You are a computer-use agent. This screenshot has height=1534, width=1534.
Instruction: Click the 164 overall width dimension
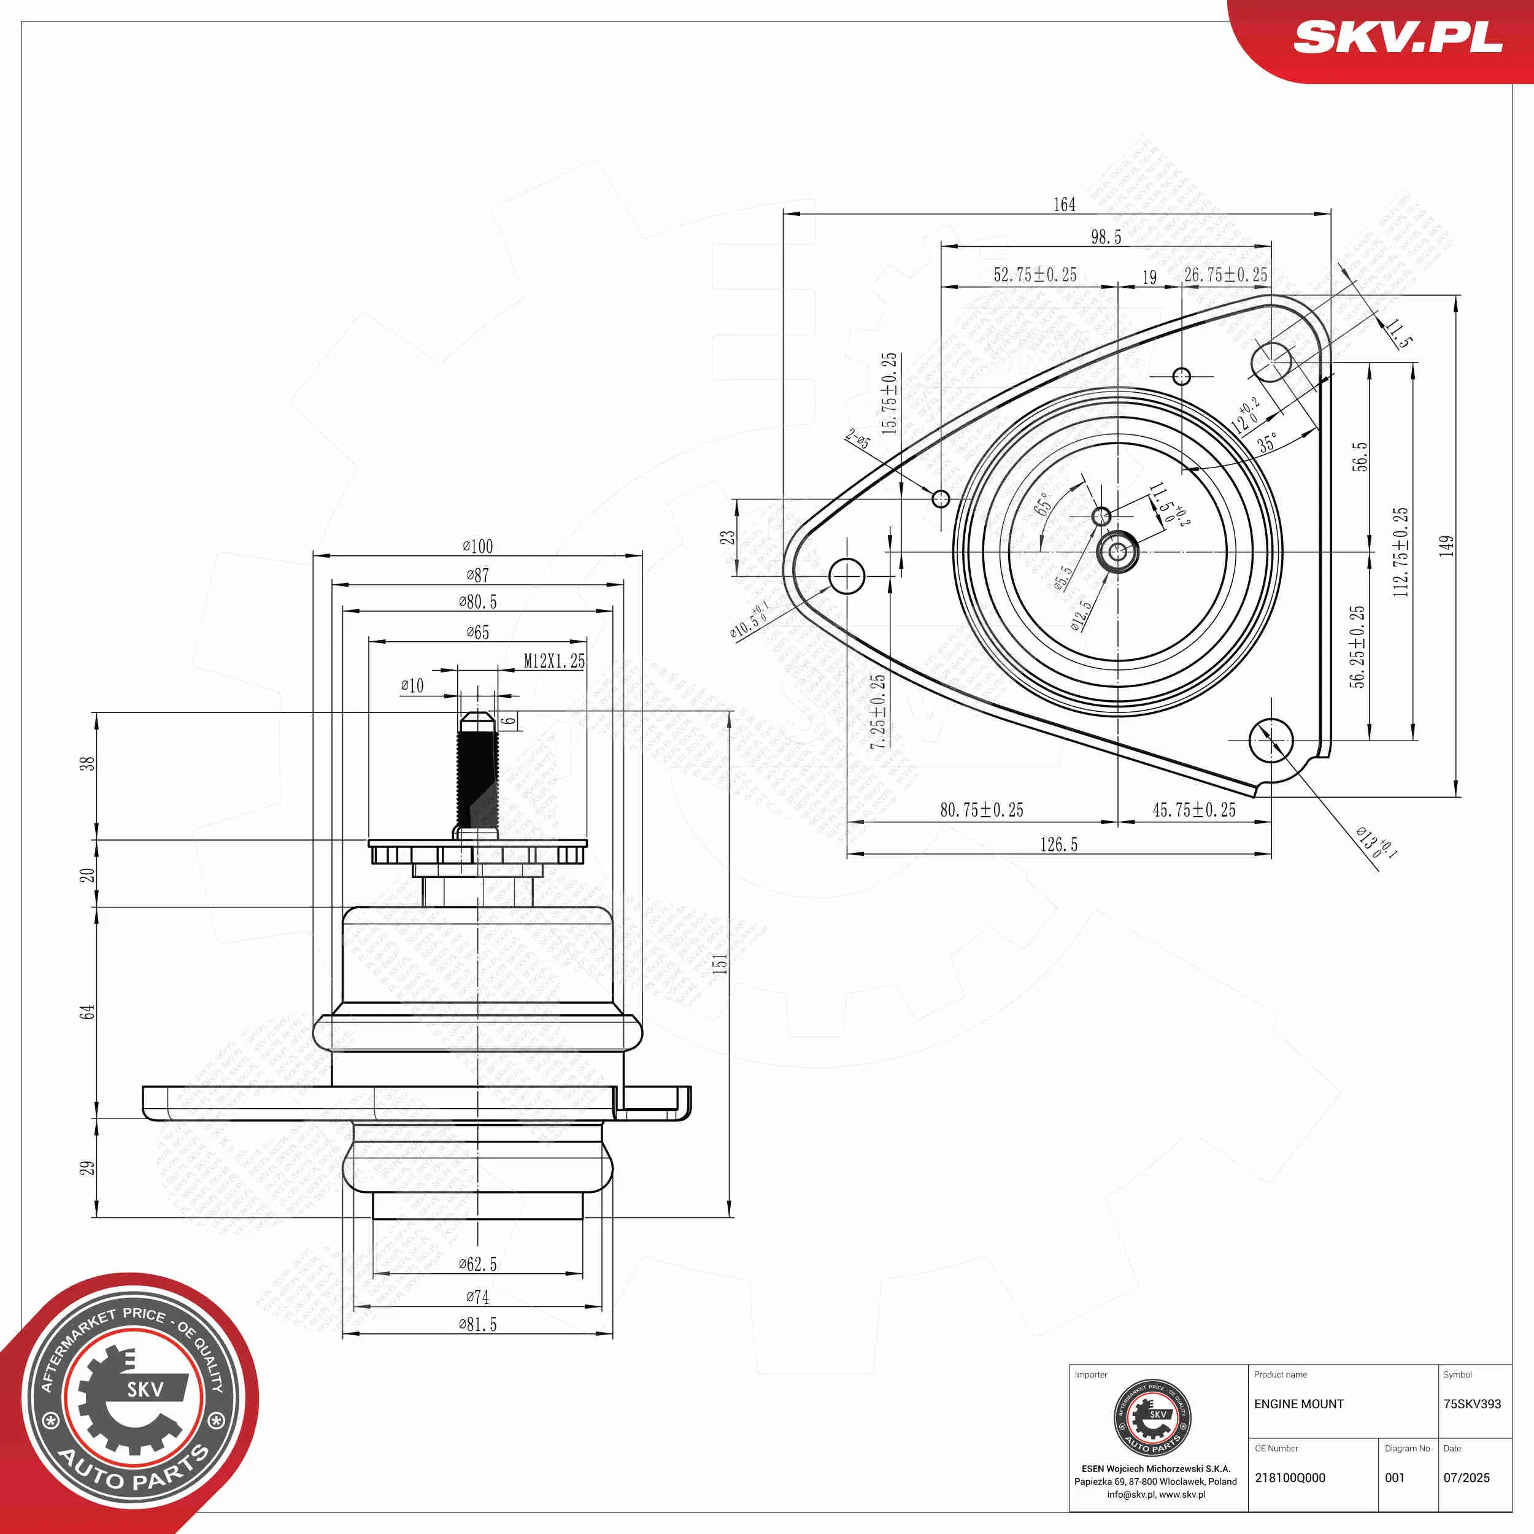pyautogui.click(x=1064, y=205)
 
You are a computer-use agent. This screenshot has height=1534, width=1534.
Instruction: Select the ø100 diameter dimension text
pyautogui.click(x=478, y=546)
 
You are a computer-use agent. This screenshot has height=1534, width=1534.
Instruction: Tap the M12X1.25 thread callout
pyautogui.click(x=554, y=661)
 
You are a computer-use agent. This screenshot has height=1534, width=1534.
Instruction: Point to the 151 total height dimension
pyautogui.click(x=719, y=964)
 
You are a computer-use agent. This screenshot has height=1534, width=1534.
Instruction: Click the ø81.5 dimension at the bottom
pyautogui.click(x=478, y=1324)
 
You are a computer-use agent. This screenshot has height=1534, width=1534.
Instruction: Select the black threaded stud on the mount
pyautogui.click(x=477, y=778)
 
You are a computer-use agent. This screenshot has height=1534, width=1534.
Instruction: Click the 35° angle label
pyautogui.click(x=1268, y=442)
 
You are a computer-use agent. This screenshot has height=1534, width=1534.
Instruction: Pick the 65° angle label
pyautogui.click(x=1043, y=503)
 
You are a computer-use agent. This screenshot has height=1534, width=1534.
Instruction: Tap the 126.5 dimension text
pyautogui.click(x=1059, y=845)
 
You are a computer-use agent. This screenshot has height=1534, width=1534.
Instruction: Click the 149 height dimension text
pyautogui.click(x=1447, y=545)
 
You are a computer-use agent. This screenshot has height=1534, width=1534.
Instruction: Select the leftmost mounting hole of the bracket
pyautogui.click(x=846, y=576)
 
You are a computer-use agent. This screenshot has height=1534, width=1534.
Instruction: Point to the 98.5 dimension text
pyautogui.click(x=1106, y=237)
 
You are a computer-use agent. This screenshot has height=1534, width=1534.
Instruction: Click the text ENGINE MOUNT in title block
pyautogui.click(x=1299, y=1404)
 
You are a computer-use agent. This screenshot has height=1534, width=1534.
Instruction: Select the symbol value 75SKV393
pyautogui.click(x=1472, y=1404)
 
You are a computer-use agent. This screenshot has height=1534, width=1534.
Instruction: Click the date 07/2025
pyautogui.click(x=1467, y=1478)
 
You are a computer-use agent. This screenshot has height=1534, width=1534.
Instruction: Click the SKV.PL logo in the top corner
pyautogui.click(x=1397, y=37)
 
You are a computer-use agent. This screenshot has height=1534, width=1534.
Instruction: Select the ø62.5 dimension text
pyautogui.click(x=478, y=1264)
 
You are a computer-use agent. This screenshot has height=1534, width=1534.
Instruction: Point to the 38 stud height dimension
pyautogui.click(x=87, y=763)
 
